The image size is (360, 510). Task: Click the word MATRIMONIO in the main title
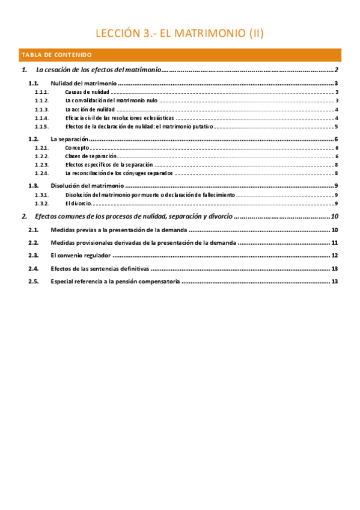[201, 34]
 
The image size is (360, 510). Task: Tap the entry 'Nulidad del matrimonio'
[84, 84]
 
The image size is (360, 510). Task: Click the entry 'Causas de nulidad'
[87, 93]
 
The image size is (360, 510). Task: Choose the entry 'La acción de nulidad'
[90, 110]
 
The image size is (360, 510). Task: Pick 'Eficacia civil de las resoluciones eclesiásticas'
[120, 118]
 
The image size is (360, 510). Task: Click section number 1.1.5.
[41, 127]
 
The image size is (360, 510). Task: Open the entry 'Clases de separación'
[91, 156]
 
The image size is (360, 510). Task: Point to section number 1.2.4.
[41, 173]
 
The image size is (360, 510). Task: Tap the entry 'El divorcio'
[78, 203]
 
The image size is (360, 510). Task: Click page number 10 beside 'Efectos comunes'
[335, 217]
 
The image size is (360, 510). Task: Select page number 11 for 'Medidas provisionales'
[335, 243]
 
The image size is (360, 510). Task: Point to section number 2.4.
[34, 269]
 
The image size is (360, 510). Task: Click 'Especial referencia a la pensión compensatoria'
[115, 281]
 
